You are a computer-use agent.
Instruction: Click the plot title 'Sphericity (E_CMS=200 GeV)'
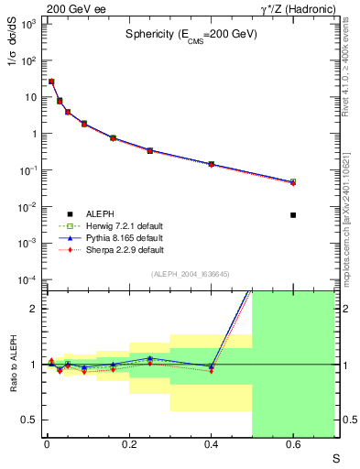click(191, 34)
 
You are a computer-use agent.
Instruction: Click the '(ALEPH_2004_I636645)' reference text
click(191, 274)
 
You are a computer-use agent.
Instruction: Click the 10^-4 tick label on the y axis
click(29, 279)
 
